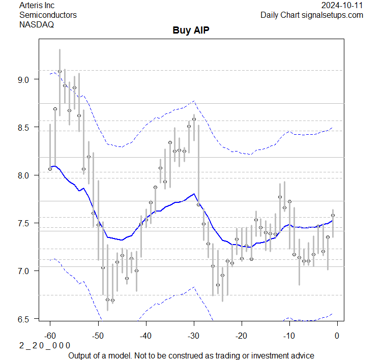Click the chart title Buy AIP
tap(191, 30)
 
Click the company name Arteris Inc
tap(37, 6)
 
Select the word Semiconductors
tap(48, 15)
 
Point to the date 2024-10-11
tap(342, 6)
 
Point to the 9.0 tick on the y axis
tap(26, 79)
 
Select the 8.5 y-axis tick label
tap(26, 127)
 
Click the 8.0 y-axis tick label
tap(26, 175)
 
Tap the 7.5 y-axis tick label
tap(26, 223)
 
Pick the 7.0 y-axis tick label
tap(26, 271)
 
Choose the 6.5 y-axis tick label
tap(26, 319)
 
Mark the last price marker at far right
tap(333, 215)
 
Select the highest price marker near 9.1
tap(60, 72)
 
